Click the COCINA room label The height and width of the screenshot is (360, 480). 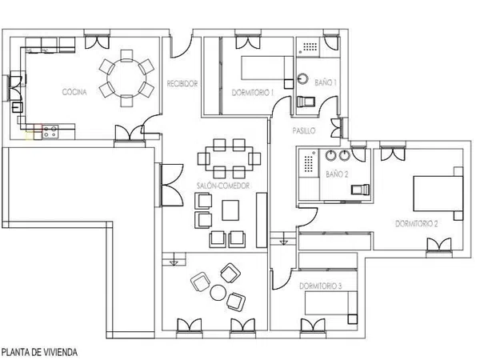74,92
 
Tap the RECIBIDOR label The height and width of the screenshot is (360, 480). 182,83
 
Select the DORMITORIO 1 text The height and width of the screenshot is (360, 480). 253,93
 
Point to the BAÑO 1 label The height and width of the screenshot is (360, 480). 326,82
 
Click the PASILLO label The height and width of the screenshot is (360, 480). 304,130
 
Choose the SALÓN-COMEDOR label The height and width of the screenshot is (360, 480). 223,186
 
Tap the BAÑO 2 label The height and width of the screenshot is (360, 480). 337,174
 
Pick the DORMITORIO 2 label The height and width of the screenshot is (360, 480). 417,224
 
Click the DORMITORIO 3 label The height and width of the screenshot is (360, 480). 321,286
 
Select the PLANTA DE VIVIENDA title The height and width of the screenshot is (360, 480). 39,352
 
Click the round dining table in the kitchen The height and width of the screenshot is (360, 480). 126,78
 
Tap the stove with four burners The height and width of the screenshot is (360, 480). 50,132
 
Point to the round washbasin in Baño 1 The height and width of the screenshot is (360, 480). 303,78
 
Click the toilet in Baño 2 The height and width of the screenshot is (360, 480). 360,190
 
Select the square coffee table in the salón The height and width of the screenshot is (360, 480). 230,210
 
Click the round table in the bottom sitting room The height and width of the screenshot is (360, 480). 218,292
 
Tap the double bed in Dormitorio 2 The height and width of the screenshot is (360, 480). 438,194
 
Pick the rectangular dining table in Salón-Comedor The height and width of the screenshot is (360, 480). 229,158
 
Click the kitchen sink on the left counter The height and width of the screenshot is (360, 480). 17,107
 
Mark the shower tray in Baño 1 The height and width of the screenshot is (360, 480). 308,47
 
